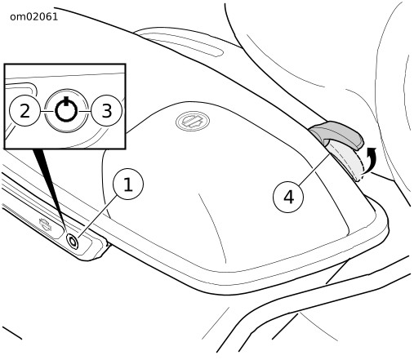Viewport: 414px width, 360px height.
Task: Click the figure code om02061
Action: click(34, 17)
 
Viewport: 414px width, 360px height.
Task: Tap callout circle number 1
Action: click(128, 184)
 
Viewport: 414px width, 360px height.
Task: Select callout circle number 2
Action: click(24, 111)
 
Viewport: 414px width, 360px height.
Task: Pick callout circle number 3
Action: click(107, 111)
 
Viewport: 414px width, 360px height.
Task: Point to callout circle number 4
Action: click(288, 197)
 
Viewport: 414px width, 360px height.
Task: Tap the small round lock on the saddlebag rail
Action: click(73, 241)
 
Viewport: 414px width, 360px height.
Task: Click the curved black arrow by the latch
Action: click(370, 159)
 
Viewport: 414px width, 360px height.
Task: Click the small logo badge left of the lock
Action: click(45, 224)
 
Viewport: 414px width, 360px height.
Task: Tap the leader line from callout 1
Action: click(98, 216)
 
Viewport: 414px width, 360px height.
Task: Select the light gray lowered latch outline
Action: click(347, 161)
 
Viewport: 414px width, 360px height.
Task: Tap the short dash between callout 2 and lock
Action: click(47, 111)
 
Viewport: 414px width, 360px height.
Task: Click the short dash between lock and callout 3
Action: click(85, 111)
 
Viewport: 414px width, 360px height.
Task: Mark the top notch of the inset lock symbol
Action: click(66, 100)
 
